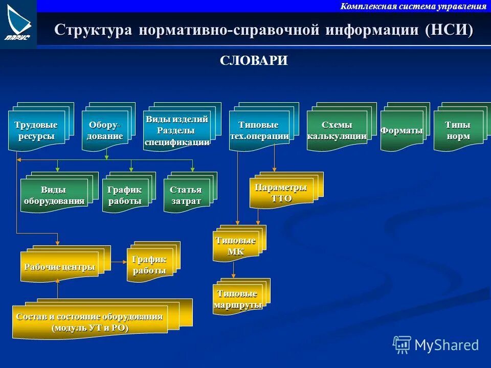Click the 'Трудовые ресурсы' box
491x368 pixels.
pyautogui.click(x=36, y=131)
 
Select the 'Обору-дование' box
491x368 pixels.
pyautogui.click(x=105, y=131)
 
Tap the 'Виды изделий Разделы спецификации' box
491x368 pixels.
pyautogui.click(x=177, y=131)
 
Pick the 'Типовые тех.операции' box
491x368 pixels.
pyautogui.click(x=259, y=131)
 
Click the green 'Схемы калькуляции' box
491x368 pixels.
pyautogui.click(x=337, y=131)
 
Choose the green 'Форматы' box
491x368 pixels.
pyautogui.click(x=401, y=131)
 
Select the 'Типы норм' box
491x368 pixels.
pyautogui.click(x=457, y=131)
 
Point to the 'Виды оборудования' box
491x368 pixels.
pyautogui.click(x=54, y=196)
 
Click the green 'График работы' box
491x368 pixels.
pyautogui.click(x=125, y=196)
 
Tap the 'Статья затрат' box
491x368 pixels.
pyautogui.click(x=186, y=196)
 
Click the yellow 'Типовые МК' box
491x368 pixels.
pyautogui.click(x=235, y=246)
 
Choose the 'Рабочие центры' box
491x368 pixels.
pyautogui.click(x=59, y=267)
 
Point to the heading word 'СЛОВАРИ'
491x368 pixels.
pyautogui.click(x=254, y=61)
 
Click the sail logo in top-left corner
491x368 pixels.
pyautogui.click(x=18, y=23)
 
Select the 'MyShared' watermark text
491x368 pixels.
pyautogui.click(x=446, y=345)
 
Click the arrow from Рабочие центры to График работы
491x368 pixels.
pyautogui.click(x=119, y=262)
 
